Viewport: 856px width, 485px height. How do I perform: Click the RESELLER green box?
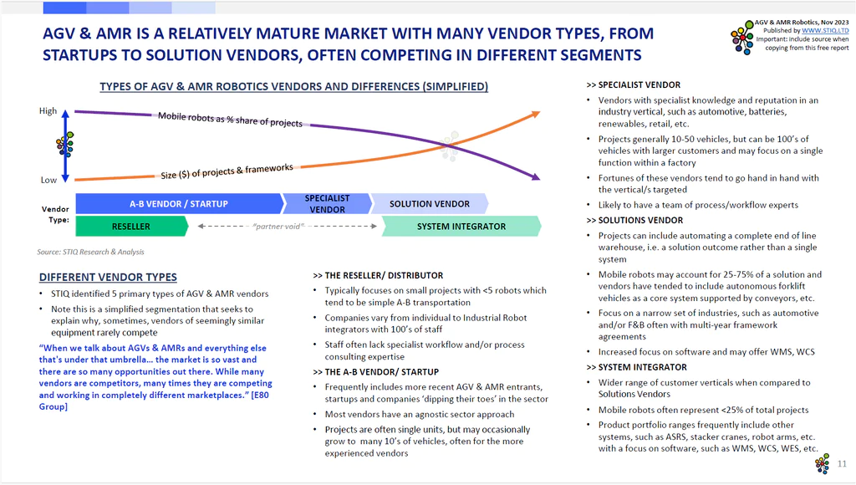[x=131, y=226]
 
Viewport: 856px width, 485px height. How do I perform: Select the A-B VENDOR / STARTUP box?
[x=180, y=204]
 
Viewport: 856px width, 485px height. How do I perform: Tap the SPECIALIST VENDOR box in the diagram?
[x=327, y=204]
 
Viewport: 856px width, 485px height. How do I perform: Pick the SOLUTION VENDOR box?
[x=429, y=204]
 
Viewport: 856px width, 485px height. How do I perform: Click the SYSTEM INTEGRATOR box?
[x=461, y=226]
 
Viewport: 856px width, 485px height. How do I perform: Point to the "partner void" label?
[x=278, y=226]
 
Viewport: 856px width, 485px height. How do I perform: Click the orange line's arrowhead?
[x=536, y=114]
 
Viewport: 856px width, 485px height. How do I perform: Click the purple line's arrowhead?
[x=536, y=177]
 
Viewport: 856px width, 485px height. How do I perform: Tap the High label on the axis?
[x=48, y=111]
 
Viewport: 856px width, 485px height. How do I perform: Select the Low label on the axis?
[x=48, y=180]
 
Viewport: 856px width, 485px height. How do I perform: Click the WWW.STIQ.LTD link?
[x=825, y=31]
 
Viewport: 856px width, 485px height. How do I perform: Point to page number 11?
[x=842, y=464]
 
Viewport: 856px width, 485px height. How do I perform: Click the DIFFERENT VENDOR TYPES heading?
[x=108, y=277]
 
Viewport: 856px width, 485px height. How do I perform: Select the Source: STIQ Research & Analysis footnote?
[x=90, y=252]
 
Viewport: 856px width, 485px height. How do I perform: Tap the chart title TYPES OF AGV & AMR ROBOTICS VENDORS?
[x=293, y=86]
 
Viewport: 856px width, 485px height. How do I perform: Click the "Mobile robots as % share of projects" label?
[x=230, y=120]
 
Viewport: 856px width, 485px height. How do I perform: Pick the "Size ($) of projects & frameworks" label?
[x=227, y=171]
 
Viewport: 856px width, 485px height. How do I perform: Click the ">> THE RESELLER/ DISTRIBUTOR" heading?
[x=378, y=275]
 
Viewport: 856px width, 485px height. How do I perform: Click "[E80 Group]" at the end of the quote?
[x=154, y=401]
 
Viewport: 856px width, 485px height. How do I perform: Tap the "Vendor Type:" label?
[x=55, y=214]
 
